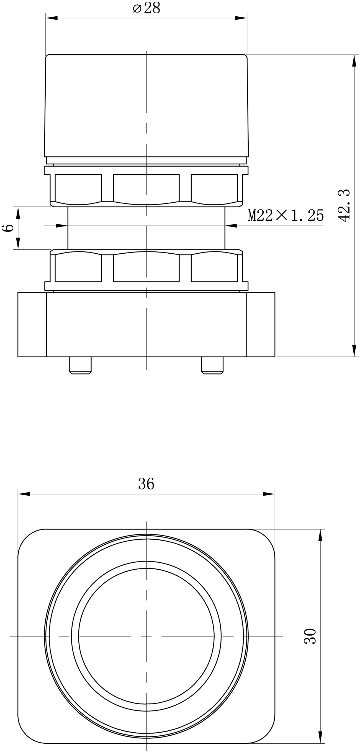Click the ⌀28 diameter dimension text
point(146,8)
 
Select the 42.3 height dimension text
point(344,205)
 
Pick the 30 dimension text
point(310,636)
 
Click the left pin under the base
point(80,365)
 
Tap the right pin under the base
point(212,365)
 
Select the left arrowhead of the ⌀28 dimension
point(52,18)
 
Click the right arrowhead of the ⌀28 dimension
point(241,18)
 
